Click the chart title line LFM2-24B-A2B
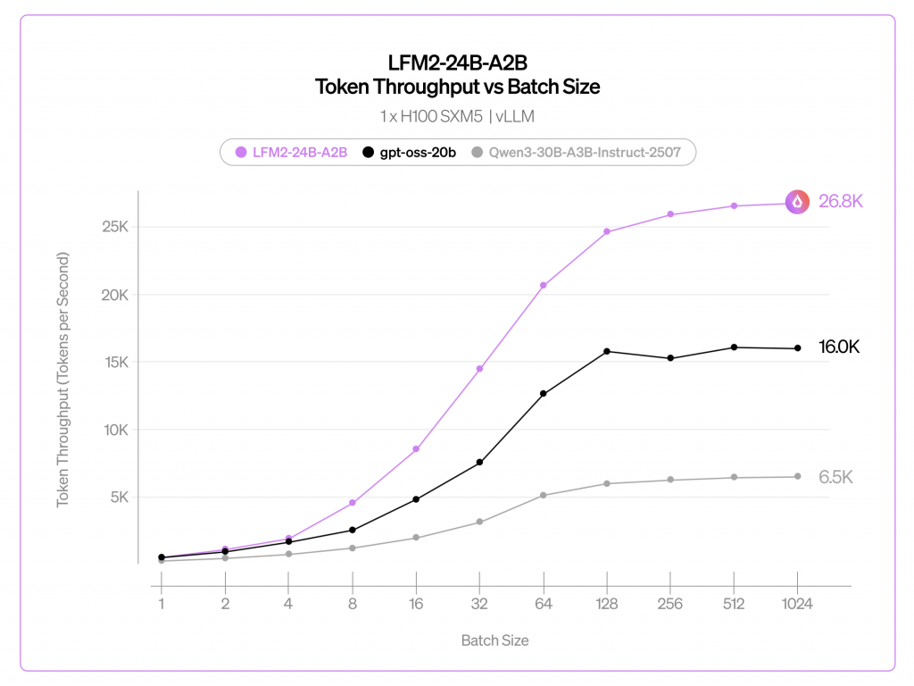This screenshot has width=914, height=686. coord(457,63)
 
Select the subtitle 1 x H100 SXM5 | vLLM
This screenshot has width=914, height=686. coord(457,116)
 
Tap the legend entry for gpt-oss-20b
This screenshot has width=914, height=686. coord(410,153)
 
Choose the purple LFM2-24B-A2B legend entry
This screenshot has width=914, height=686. coord(292,153)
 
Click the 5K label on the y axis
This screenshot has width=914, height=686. coord(120,497)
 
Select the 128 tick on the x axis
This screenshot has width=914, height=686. coord(607,604)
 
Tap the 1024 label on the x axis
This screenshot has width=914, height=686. coord(797,604)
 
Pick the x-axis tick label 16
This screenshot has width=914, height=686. coord(416,604)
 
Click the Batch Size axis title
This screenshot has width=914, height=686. coord(494,640)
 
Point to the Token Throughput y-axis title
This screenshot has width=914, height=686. coord(63,381)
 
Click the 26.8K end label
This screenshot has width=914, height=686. coord(841,202)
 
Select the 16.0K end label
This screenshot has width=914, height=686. coord(839,347)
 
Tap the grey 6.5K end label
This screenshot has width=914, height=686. coord(836,477)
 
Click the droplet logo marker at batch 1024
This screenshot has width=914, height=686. coord(797,202)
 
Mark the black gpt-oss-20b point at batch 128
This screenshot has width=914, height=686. coord(607,351)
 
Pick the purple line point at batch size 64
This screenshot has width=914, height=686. coord(543,285)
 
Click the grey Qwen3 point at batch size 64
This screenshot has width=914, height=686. coord(543,495)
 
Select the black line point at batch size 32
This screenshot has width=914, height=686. coord(479,462)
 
